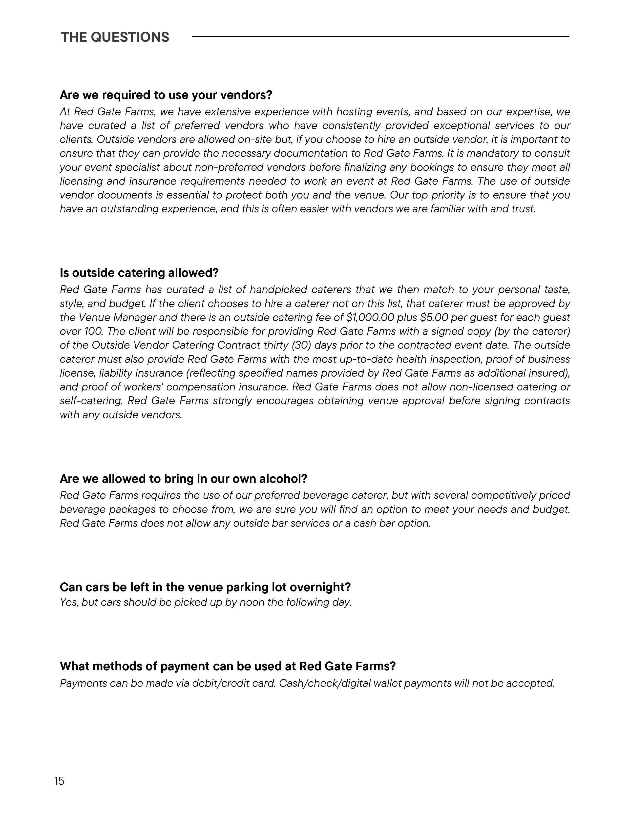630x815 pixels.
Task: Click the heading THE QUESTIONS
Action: coord(115,37)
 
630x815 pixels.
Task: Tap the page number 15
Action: coord(59,781)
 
